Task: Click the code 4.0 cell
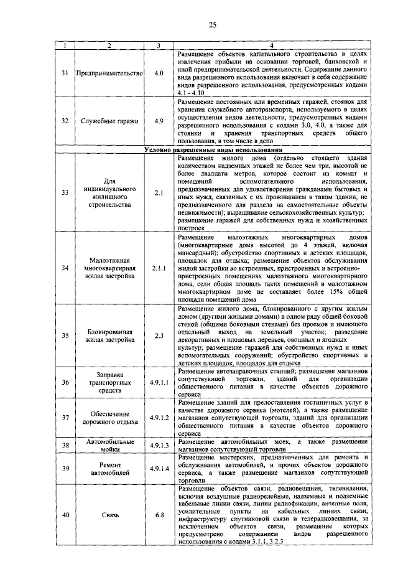(x=159, y=73)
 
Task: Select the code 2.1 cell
(x=159, y=193)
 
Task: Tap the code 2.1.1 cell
(x=159, y=268)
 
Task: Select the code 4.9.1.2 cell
(x=159, y=417)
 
